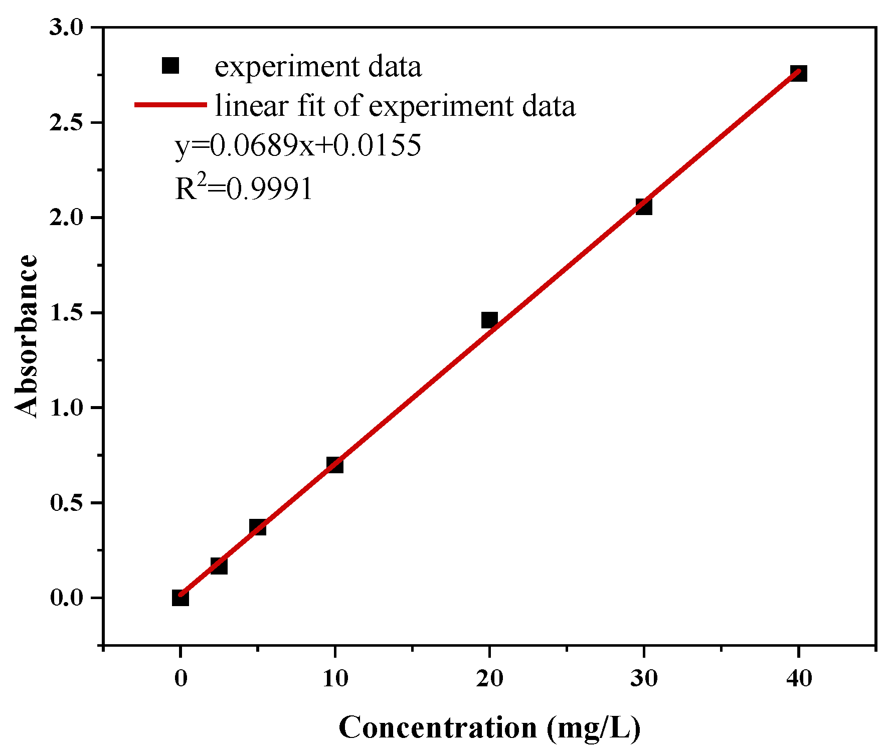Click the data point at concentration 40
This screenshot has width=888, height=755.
coord(798,74)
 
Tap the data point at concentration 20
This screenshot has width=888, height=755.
coord(489,320)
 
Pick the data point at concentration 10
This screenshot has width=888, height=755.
coord(335,465)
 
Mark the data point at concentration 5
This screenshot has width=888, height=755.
coord(258,527)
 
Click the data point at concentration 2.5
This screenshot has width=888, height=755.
coord(219,566)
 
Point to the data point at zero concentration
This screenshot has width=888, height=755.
coord(181,598)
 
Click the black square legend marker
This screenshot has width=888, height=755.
coord(170,66)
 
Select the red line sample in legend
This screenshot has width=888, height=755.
coord(170,105)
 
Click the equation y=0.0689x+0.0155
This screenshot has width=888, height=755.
coord(298,146)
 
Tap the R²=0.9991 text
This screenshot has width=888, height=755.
coord(244,188)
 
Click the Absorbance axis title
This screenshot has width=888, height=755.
coord(26,336)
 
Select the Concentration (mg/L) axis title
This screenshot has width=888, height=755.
coord(489,728)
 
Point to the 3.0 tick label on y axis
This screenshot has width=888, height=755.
coord(66,28)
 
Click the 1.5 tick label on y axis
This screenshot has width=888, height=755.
coord(66,313)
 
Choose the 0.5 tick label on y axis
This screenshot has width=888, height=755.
coord(66,503)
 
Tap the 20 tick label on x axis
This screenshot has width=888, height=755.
coord(489,679)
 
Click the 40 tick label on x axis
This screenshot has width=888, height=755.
coord(798,679)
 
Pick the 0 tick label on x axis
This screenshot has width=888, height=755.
coord(181,679)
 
